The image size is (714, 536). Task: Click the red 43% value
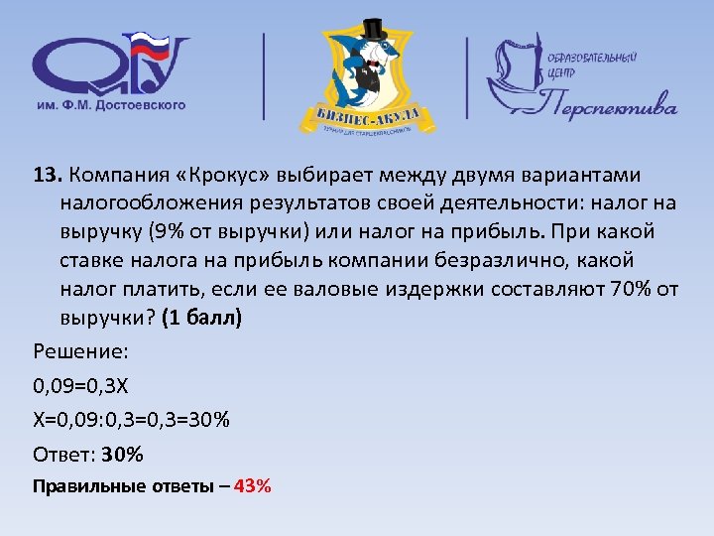pyautogui.click(x=253, y=486)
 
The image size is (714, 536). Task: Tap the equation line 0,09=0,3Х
pyautogui.click(x=87, y=384)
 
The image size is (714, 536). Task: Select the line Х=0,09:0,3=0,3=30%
pyautogui.click(x=131, y=420)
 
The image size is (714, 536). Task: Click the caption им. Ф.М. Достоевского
pyautogui.click(x=110, y=103)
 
